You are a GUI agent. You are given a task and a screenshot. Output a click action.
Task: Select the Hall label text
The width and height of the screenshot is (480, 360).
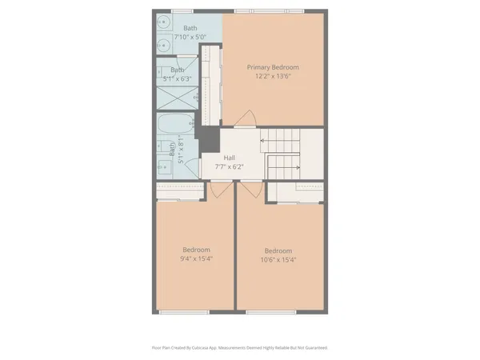tap(230, 158)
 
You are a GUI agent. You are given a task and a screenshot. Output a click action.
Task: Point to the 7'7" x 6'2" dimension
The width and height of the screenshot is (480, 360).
tap(230, 167)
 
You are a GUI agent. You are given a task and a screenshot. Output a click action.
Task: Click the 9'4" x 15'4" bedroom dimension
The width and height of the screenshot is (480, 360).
tap(196, 258)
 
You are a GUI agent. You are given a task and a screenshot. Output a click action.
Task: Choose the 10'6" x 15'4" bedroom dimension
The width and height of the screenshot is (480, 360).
tap(278, 258)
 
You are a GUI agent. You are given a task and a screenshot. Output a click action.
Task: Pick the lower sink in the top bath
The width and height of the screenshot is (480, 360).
tap(162, 45)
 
